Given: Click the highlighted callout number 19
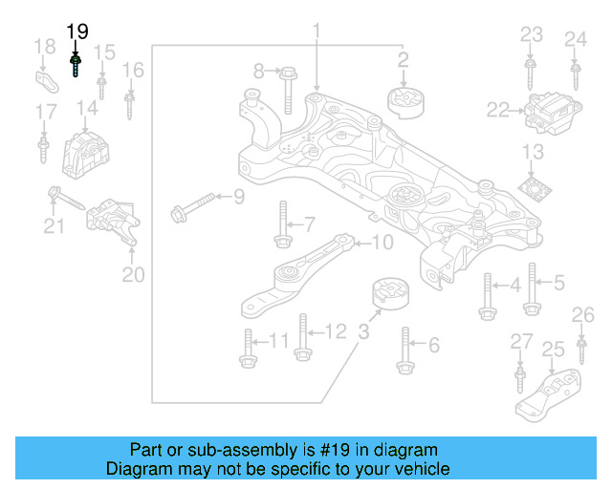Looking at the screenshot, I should (x=77, y=32).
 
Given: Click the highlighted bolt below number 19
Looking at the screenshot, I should (x=76, y=65).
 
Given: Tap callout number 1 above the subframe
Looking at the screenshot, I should (x=316, y=33).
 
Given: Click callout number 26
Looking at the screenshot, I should (x=582, y=315).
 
